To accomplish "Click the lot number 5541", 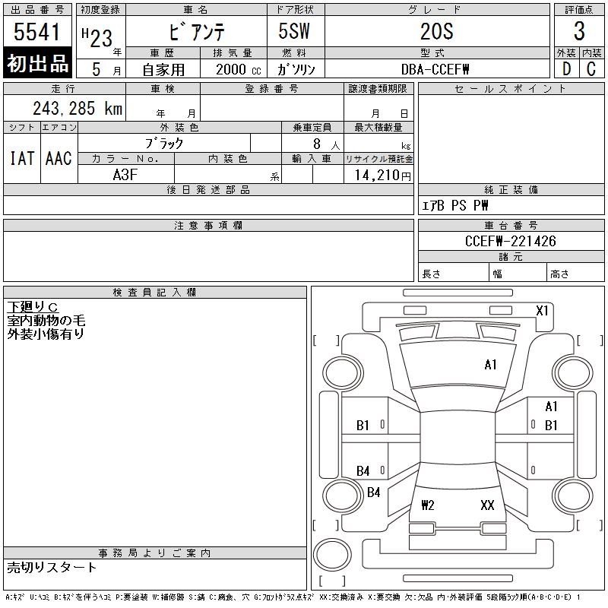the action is tap(36, 31).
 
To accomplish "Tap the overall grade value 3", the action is tap(579, 31).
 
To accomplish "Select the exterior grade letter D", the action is tap(566, 69).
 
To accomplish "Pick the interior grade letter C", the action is tap(591, 69).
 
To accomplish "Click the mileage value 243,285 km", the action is tap(78, 108).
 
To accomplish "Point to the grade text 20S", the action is tap(437, 31).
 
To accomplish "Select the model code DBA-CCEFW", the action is tap(435, 69).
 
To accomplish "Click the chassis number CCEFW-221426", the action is tap(510, 241).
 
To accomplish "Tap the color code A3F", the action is tap(125, 175).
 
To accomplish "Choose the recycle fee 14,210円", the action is tap(382, 176).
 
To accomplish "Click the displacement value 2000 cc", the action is tap(239, 69).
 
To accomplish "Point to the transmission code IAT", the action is tap(22, 158).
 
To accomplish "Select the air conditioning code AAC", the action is tap(59, 158).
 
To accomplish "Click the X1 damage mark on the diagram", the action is tap(542, 311).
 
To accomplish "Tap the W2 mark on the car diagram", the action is tap(428, 505).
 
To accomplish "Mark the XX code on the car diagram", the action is tap(487, 505).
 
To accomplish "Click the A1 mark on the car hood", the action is tap(490, 365).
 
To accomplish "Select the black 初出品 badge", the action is tap(37, 63).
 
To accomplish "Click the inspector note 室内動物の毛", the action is tap(46, 320).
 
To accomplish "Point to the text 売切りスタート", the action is tap(52, 568).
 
